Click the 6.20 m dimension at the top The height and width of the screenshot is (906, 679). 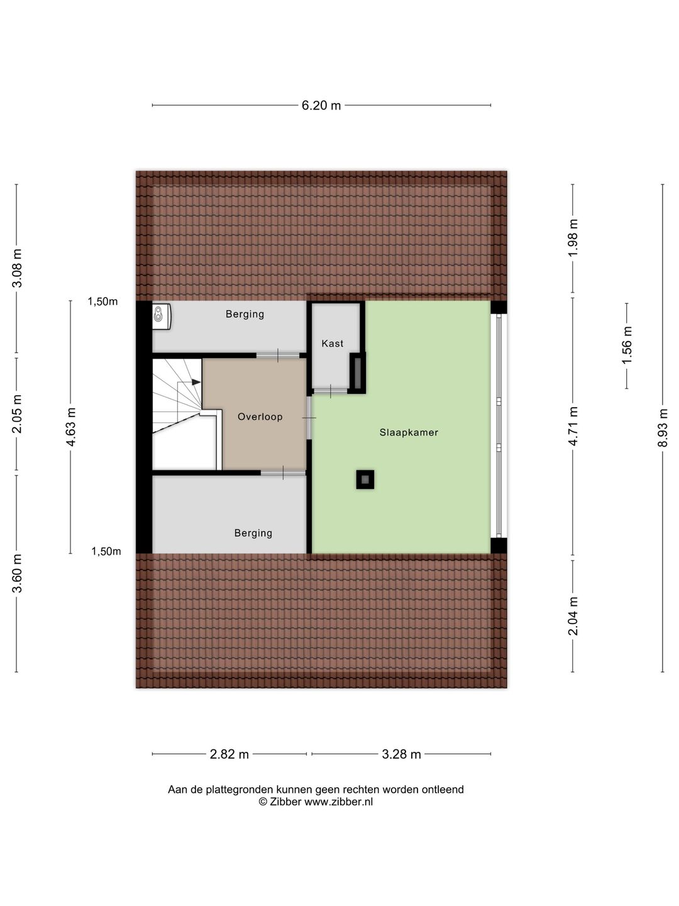click(321, 106)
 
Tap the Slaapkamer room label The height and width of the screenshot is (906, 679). click(409, 432)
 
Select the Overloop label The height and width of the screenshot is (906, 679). click(260, 417)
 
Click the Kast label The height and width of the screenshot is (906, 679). click(333, 344)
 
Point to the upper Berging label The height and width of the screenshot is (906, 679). click(245, 314)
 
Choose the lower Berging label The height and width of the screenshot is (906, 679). click(253, 533)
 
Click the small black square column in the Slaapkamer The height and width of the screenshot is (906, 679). click(365, 479)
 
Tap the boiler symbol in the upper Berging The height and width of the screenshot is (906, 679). click(162, 316)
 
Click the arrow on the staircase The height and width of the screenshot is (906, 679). click(196, 382)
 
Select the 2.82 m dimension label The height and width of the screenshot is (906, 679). click(229, 754)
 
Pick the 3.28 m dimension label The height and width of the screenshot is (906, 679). click(401, 754)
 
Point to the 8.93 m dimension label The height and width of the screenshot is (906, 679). click(663, 428)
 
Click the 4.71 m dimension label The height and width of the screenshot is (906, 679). click(573, 427)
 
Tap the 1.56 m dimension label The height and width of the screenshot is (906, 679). click(627, 345)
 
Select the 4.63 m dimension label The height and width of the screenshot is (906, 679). click(70, 427)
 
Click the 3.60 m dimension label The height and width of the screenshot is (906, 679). click(17, 573)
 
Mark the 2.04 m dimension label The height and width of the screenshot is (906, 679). click(573, 615)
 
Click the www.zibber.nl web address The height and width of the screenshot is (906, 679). click(338, 802)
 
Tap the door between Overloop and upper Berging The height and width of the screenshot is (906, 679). click(277, 356)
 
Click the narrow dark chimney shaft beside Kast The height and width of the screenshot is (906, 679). click(358, 372)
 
